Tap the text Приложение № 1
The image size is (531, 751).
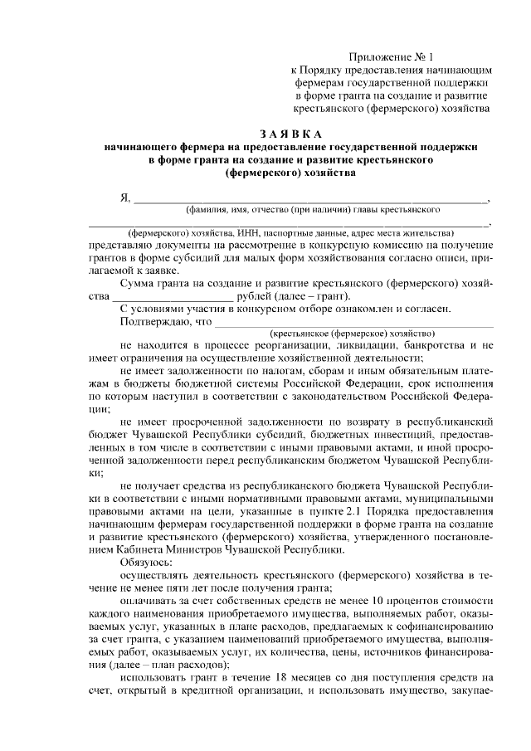pyautogui.click(x=392, y=57)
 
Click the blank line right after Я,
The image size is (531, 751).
pyautogui.click(x=311, y=201)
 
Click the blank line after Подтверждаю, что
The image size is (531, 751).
pyautogui.click(x=353, y=322)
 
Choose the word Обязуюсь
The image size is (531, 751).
pyautogui.click(x=147, y=562)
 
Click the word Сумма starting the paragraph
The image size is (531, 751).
pyautogui.click(x=139, y=283)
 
